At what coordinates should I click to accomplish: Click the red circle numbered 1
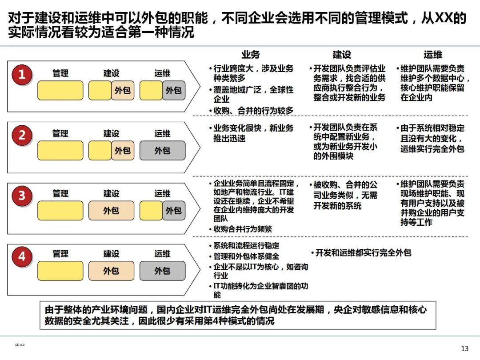(21, 75)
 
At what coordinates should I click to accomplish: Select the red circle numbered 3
(21, 195)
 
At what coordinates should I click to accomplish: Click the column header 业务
(251, 55)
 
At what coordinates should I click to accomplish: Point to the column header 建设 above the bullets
(342, 55)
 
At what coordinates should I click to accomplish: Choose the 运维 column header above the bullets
(433, 55)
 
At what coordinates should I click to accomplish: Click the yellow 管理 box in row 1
(60, 90)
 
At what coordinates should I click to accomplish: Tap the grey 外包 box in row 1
(174, 90)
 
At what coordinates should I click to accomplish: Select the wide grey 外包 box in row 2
(162, 151)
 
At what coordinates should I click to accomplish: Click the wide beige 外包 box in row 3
(111, 210)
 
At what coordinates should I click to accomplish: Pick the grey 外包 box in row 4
(162, 271)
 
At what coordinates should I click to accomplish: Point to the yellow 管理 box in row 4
(60, 271)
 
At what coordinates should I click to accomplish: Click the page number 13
(464, 348)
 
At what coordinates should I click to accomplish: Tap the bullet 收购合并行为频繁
(243, 229)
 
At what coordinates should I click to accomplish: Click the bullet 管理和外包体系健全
(246, 256)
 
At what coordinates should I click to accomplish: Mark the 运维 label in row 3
(162, 194)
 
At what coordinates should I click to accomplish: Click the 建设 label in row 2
(111, 133)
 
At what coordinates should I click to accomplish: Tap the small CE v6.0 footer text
(20, 344)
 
